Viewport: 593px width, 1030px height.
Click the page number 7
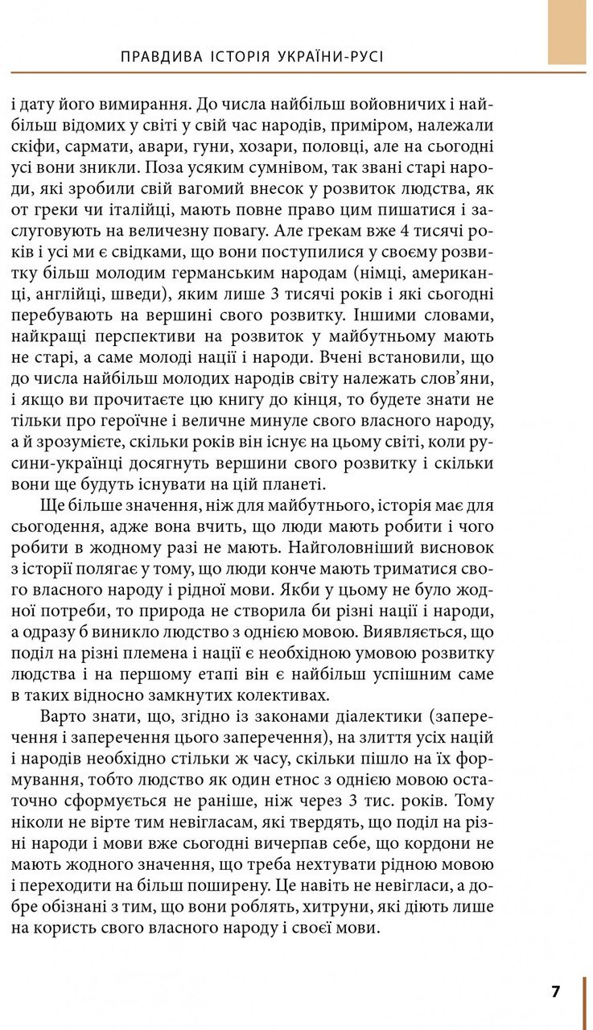pyautogui.click(x=555, y=991)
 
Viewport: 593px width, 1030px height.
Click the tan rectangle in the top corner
pyautogui.click(x=567, y=32)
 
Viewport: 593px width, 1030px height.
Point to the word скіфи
pyautogui.click(x=34, y=148)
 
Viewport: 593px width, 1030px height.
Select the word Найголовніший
pyautogui.click(x=360, y=546)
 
